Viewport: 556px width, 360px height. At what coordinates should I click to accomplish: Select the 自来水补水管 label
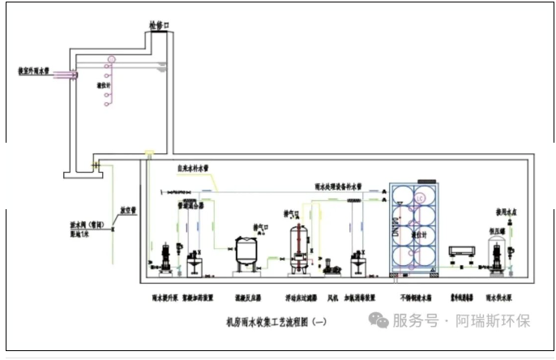coord(193,169)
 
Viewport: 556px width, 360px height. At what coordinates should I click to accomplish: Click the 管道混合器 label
coord(192,206)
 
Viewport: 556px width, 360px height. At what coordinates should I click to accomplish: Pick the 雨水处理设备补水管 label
coord(339,185)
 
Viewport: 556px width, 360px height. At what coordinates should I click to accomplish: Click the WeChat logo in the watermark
coord(379,319)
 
